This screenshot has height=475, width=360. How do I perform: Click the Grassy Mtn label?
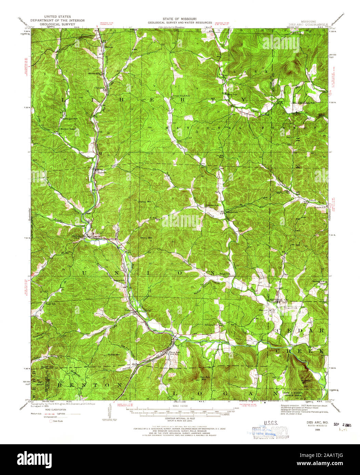coord(145,202)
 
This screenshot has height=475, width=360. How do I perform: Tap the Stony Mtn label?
coord(146,236)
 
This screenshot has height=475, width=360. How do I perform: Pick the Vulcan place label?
coord(129,310)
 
